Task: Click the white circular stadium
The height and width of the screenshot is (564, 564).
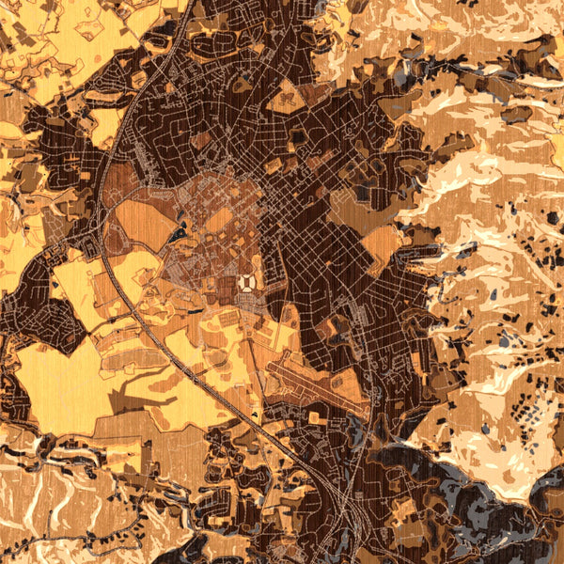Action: pyautogui.click(x=247, y=281)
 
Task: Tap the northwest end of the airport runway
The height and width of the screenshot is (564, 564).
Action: pyautogui.click(x=271, y=361)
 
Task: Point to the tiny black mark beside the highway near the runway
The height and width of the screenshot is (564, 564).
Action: pyautogui.click(x=257, y=415)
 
